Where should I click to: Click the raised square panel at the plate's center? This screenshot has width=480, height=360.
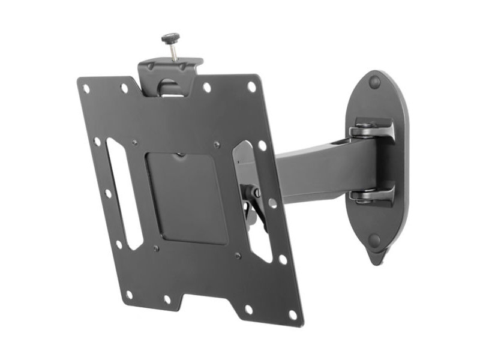pyautogui.click(x=186, y=198)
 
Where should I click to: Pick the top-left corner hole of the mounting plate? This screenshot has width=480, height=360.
pyautogui.click(x=86, y=88)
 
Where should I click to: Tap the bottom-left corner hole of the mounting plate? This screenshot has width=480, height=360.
pyautogui.click(x=129, y=295)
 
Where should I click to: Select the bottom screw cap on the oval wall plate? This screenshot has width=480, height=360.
pyautogui.click(x=374, y=241)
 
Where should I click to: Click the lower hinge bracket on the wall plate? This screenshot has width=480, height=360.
pyautogui.click(x=372, y=195)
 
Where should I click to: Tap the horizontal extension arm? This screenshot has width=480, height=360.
pyautogui.click(x=312, y=174)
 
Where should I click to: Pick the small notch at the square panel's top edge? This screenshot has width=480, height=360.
pyautogui.click(x=181, y=155)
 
